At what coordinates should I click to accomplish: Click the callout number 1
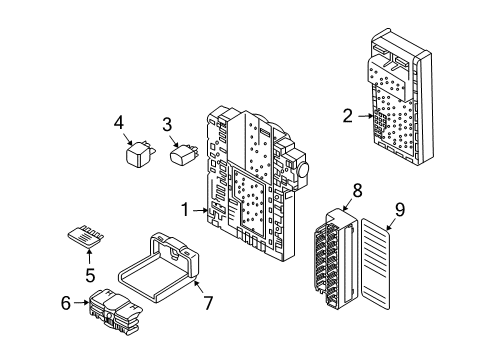click(x=185, y=210)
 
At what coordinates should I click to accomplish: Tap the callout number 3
click(x=169, y=124)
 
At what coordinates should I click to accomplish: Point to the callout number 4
click(x=118, y=124)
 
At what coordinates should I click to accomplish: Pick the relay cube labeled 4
click(x=137, y=156)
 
